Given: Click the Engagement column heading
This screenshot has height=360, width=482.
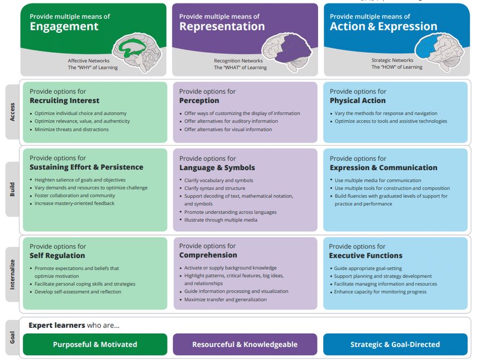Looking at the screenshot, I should [64, 26].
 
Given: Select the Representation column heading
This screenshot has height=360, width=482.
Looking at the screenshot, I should [222, 26].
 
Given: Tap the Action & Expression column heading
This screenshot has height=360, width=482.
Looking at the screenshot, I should [383, 26].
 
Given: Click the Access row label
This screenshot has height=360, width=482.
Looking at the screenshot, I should [12, 112].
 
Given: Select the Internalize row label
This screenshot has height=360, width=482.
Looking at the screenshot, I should [12, 273].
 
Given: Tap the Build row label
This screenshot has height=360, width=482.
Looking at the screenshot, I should [12, 189].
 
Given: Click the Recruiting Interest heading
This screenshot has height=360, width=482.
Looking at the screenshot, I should [64, 101].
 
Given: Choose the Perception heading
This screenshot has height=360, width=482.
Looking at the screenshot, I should [199, 101].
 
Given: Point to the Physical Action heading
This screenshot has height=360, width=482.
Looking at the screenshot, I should [357, 101].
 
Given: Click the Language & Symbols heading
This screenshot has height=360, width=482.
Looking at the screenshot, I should [217, 168].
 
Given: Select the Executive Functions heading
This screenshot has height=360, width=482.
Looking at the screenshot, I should [366, 256].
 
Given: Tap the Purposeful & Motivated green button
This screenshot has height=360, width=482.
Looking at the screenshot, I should [95, 344].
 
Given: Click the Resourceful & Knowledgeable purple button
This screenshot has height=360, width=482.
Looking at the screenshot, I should [245, 344].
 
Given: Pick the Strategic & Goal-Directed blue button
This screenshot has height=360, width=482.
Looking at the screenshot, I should [395, 344].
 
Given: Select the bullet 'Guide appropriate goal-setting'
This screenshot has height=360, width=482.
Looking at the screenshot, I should [367, 268].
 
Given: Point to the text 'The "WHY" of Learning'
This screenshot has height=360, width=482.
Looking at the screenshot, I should [93, 67].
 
